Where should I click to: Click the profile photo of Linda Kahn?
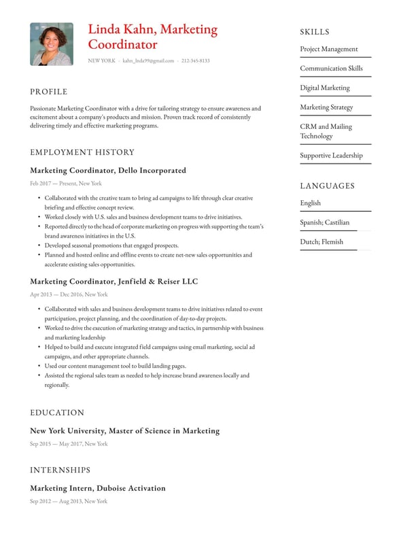[52, 44]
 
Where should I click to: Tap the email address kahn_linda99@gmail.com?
[148, 61]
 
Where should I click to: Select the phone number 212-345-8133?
[195, 61]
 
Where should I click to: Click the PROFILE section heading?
[49, 92]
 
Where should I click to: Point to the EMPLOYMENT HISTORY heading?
[82, 152]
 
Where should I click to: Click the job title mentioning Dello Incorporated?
[108, 170]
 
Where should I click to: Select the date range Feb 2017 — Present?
[66, 183]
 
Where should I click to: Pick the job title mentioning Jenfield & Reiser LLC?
[114, 281]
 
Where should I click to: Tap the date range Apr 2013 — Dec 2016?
[69, 295]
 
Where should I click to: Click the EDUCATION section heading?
[57, 413]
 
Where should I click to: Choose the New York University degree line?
[125, 431]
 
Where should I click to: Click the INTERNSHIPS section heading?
[60, 470]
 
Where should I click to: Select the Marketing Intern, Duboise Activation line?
[98, 488]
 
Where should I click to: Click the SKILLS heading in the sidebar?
[315, 32]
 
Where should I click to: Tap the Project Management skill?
[329, 49]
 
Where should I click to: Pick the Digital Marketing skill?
[325, 88]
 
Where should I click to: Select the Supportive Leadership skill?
[332, 155]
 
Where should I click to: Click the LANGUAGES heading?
[328, 186]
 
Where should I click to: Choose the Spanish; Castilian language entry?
[325, 222]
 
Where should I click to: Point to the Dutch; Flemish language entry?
[322, 242]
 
